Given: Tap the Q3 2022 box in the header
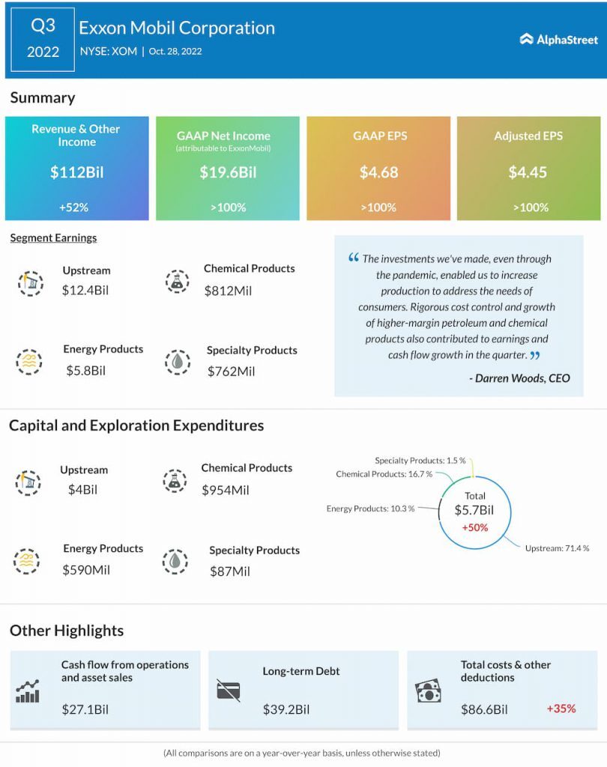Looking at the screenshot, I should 43,40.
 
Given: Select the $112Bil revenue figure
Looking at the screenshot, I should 76,172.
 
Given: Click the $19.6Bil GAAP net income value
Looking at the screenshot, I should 228,172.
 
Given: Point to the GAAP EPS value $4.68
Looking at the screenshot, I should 378,172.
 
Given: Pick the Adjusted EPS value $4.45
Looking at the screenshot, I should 528,172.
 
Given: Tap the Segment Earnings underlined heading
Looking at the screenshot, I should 53,238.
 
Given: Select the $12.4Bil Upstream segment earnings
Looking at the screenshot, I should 85,289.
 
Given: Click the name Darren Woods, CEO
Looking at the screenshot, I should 520,378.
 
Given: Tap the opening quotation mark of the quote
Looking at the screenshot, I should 354,258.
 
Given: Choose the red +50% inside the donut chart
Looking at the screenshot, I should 475,527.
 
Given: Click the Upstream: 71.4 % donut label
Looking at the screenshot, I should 557,548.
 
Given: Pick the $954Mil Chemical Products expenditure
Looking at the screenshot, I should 226,491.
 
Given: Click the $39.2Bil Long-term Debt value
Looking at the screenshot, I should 286,709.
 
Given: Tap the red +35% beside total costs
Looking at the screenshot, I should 561,708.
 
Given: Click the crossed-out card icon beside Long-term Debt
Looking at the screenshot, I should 228,690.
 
